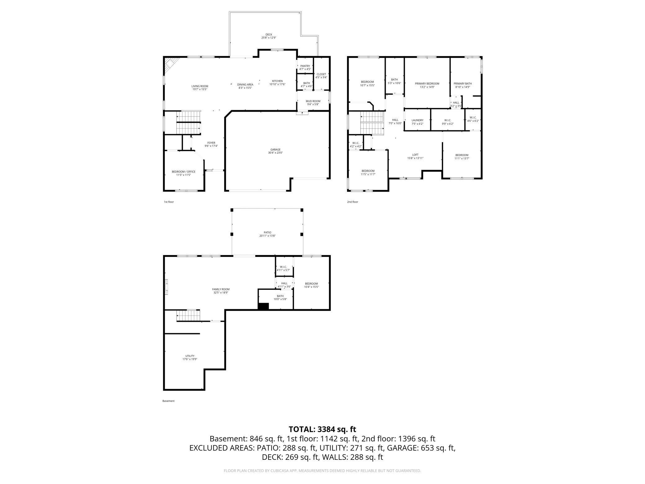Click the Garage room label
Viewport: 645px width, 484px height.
pos(275,150)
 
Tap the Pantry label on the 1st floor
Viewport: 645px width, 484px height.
pos(305,66)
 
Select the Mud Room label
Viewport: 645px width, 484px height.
pos(313,101)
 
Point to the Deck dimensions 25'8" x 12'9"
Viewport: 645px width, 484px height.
pos(269,38)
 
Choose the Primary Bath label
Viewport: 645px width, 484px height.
pos(462,83)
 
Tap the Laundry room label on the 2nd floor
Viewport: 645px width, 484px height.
pos(417,120)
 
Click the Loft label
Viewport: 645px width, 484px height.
pos(415,155)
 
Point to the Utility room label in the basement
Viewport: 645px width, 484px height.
pos(190,356)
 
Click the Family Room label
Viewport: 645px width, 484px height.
pos(221,289)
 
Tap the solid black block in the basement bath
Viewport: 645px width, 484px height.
pos(263,306)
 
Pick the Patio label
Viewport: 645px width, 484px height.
pos(267,232)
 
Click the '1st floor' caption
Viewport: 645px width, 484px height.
pos(169,202)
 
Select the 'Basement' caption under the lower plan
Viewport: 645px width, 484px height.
pos(168,401)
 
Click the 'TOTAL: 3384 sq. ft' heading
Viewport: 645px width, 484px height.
pos(322,429)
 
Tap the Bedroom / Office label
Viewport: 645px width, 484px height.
pos(184,172)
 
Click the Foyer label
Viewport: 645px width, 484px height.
pos(211,143)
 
